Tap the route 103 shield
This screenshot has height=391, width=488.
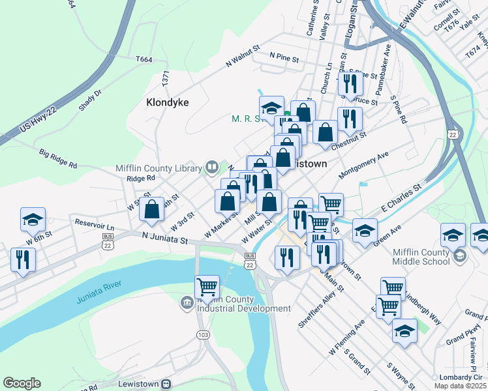(x=204, y=334)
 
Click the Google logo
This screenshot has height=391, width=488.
(x=22, y=383)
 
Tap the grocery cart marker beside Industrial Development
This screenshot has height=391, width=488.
(x=207, y=287)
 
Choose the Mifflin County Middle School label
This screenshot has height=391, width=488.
(x=421, y=257)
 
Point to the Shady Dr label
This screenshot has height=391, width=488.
(x=90, y=103)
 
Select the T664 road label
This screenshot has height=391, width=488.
(x=144, y=59)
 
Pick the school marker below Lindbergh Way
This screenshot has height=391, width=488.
(x=404, y=331)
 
